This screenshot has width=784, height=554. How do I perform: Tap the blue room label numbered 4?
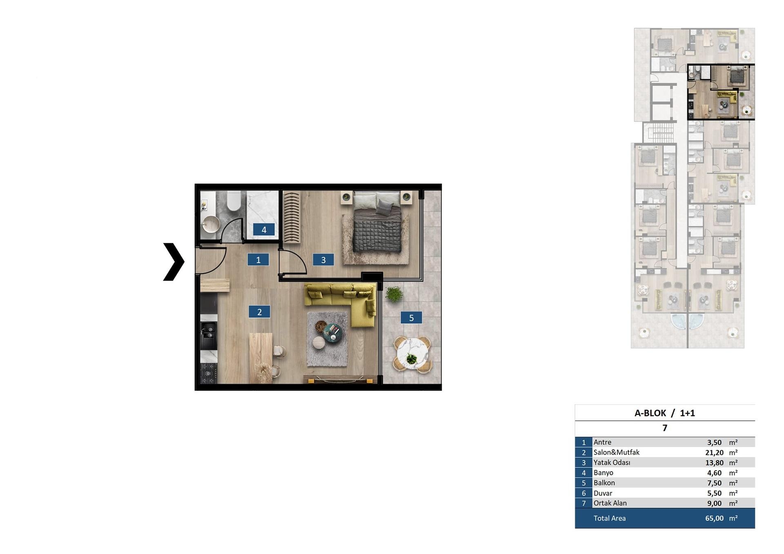pyautogui.click(x=264, y=230)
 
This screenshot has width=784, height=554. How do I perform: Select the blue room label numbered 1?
pyautogui.click(x=258, y=260)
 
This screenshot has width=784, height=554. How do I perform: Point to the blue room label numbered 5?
pyautogui.click(x=411, y=318)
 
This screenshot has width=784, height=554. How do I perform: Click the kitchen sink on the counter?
pyautogui.click(x=209, y=335)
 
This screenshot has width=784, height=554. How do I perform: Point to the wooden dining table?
pyautogui.click(x=261, y=358)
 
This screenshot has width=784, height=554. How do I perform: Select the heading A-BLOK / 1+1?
pyautogui.click(x=664, y=413)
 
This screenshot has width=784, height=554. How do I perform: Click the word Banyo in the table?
pyautogui.click(x=603, y=473)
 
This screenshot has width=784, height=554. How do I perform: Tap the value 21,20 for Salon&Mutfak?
pyautogui.click(x=714, y=453)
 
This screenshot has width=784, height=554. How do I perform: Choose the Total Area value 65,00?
pyautogui.click(x=714, y=518)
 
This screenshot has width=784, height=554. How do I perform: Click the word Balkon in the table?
pyautogui.click(x=604, y=483)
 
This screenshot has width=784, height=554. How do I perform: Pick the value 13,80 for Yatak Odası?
pyautogui.click(x=714, y=463)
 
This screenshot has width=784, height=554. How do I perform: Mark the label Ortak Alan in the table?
pyautogui.click(x=610, y=503)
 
